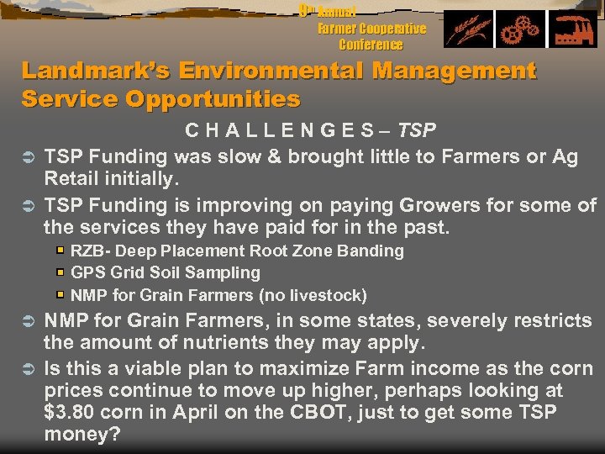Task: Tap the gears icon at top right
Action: tap(518, 30)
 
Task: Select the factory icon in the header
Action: tap(573, 30)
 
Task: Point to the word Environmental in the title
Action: tap(278, 71)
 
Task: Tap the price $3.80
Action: tap(71, 413)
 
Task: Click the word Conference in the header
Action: tap(371, 45)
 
